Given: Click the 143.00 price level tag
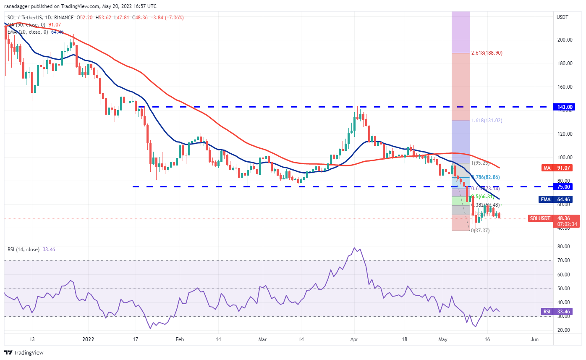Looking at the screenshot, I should click(562, 107).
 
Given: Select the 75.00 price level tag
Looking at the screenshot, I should click(562, 187).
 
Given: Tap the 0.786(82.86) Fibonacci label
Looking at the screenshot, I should click(486, 177).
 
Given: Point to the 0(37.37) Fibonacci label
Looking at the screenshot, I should click(480, 230).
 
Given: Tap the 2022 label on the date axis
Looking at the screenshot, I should click(88, 339).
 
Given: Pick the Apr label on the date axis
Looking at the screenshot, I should click(353, 339).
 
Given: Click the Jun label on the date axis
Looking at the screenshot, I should click(534, 339).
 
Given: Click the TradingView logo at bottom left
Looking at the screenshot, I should click(24, 352).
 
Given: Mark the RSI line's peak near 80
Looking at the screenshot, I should click(355, 248).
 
